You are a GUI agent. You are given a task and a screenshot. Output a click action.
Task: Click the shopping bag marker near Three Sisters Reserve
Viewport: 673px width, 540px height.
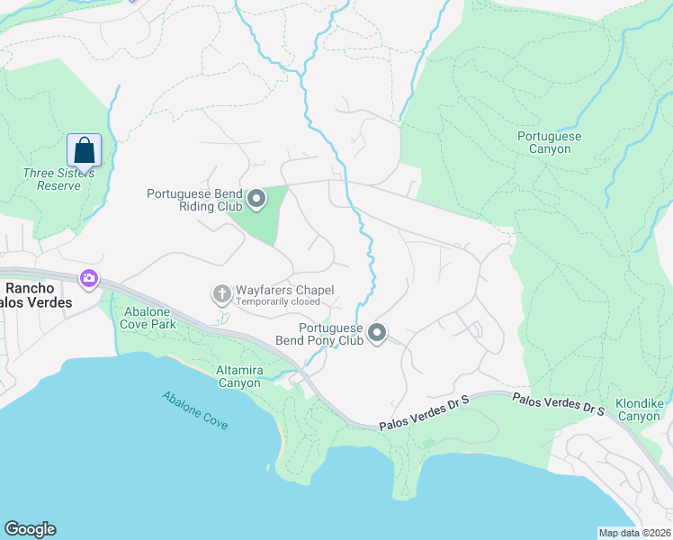(x=84, y=150)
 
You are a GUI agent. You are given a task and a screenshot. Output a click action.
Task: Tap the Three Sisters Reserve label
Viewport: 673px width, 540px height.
(x=52, y=179)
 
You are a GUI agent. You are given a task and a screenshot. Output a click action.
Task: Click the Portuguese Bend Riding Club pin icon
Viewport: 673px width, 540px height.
(x=256, y=199)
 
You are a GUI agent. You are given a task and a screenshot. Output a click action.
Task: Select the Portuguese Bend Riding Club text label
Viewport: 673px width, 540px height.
(x=195, y=200)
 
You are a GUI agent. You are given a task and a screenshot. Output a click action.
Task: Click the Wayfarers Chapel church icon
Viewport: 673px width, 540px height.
(x=221, y=293)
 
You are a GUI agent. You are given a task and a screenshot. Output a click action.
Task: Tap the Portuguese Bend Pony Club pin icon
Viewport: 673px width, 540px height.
(x=377, y=334)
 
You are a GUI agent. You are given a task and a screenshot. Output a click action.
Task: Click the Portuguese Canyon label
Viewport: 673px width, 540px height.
(x=549, y=142)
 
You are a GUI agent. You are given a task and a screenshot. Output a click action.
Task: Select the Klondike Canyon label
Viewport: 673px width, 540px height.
(x=638, y=409)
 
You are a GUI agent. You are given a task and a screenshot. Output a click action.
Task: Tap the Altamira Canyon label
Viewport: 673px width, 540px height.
(x=238, y=376)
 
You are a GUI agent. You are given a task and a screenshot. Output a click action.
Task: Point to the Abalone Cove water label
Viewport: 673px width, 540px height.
(x=195, y=409)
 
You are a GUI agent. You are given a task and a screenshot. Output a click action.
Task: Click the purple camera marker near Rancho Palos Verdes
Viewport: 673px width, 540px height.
(x=88, y=279)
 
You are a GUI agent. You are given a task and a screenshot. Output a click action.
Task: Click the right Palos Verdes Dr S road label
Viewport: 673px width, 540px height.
(x=559, y=402)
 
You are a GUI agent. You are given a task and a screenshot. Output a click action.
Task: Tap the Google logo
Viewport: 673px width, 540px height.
(x=30, y=529)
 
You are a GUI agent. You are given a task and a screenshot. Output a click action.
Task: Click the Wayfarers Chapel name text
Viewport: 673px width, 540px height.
(x=284, y=290)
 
